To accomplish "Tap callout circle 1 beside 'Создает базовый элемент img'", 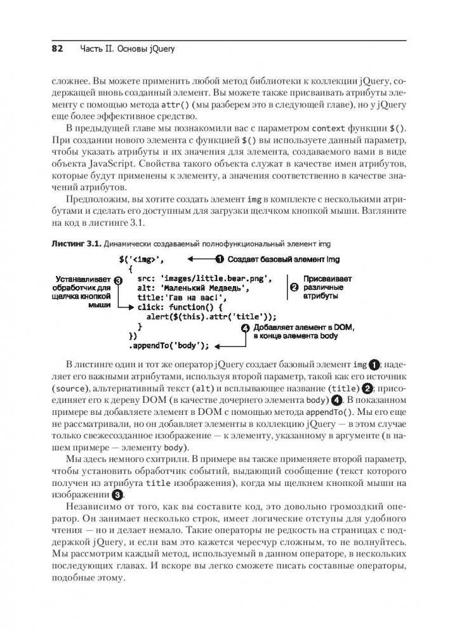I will (220, 259).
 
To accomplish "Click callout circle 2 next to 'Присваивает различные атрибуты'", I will (294, 287).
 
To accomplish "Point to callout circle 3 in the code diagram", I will (118, 279).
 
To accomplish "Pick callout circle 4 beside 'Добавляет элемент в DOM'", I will (246, 327).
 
